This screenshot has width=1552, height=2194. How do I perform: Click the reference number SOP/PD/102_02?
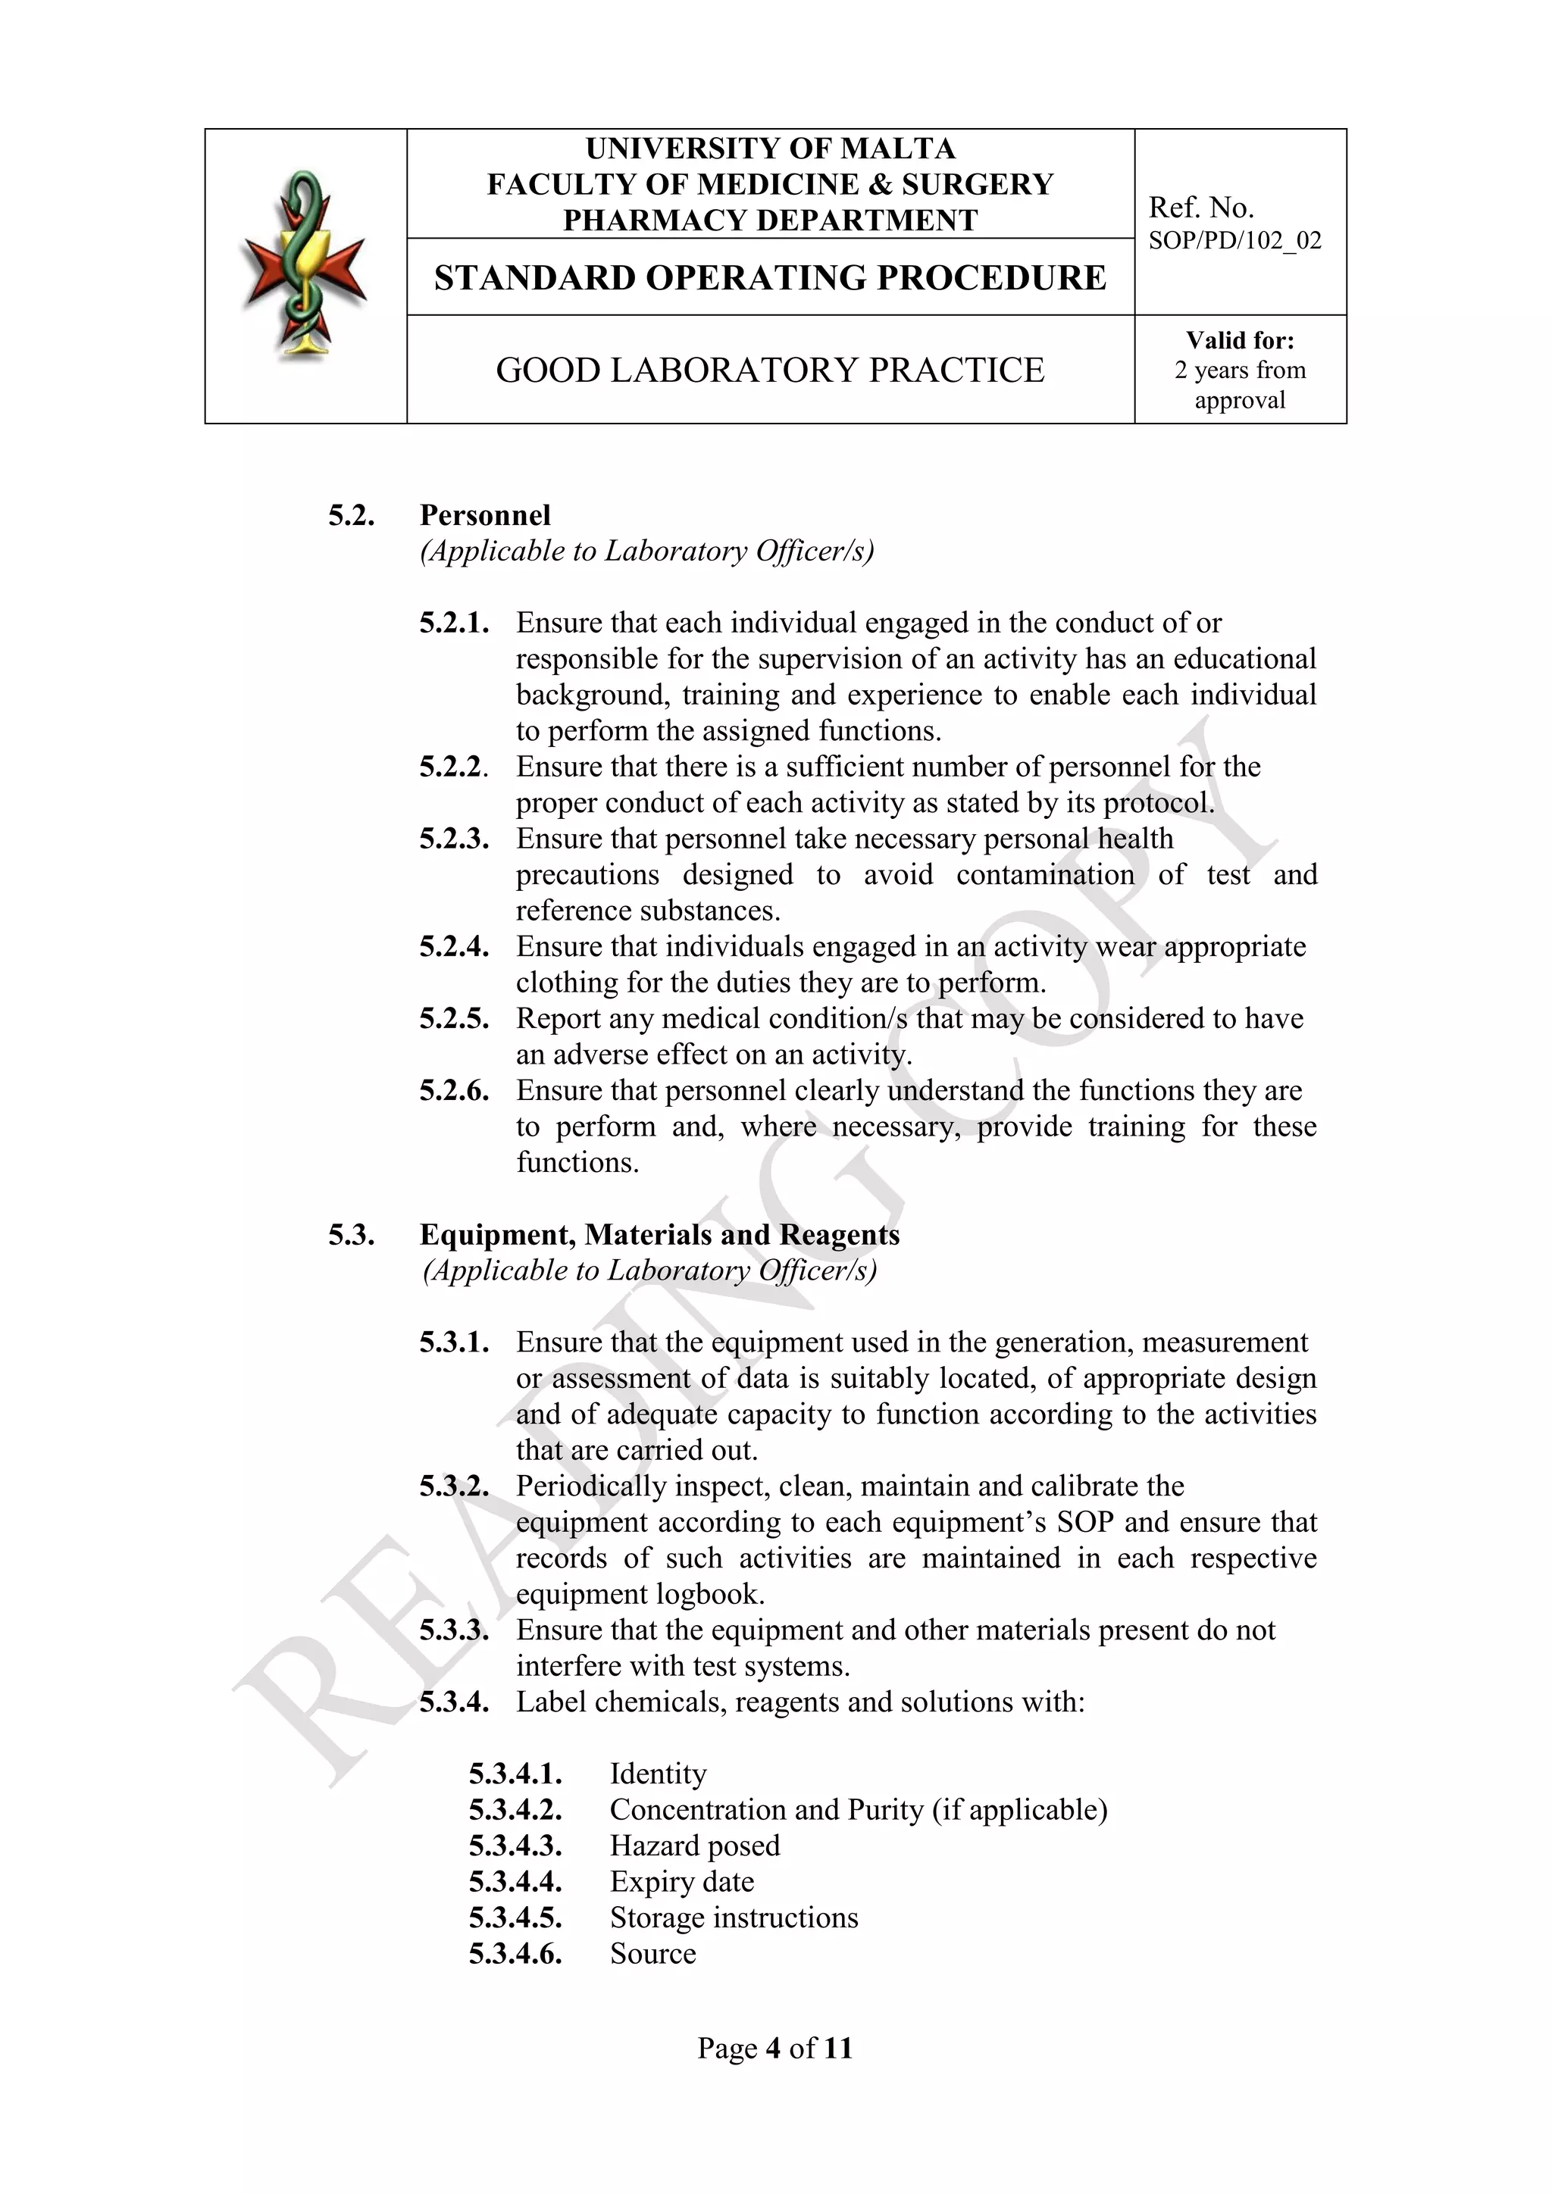click(1234, 241)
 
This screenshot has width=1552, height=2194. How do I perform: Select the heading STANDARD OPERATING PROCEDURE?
click(770, 278)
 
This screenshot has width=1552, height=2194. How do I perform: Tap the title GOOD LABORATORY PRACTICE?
click(770, 370)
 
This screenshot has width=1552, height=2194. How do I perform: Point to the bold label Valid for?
click(1240, 341)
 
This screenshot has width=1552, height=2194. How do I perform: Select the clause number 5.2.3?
click(454, 839)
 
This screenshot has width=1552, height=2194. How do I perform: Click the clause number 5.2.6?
click(454, 1091)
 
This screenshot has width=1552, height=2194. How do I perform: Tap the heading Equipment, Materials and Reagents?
click(659, 1236)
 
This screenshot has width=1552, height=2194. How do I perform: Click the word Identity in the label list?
click(658, 1774)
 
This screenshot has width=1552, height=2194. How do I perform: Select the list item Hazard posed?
click(695, 1846)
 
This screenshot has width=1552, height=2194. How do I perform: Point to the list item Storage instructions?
click(734, 1917)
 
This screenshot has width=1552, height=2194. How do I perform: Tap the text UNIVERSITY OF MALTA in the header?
click(770, 149)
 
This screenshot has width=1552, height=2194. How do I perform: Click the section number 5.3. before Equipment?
click(351, 1236)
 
